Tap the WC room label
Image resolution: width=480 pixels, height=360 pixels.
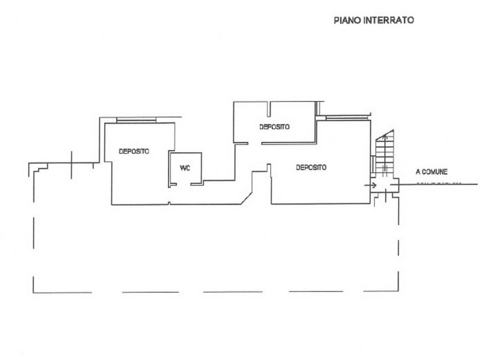click(x=185, y=168)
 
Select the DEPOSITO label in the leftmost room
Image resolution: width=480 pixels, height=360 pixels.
click(x=134, y=151)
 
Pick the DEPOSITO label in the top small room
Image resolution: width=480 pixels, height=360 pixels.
click(x=274, y=127)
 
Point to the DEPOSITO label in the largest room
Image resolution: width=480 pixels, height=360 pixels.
click(x=311, y=167)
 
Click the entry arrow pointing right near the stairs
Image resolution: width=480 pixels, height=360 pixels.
click(x=373, y=185)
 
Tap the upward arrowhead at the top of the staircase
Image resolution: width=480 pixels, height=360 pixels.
click(x=386, y=136)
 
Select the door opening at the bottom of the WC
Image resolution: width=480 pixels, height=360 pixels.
click(x=183, y=185)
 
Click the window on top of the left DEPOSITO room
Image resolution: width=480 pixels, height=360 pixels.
click(x=136, y=120)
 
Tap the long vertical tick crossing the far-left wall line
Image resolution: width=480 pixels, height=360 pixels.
click(x=71, y=165)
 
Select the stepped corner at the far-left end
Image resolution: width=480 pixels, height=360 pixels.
click(x=38, y=166)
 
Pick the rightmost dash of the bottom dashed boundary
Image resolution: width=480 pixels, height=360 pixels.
click(x=381, y=292)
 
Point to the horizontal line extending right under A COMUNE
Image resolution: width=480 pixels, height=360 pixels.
click(x=438, y=184)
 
